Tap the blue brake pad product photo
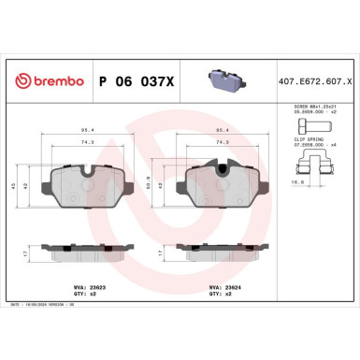[x=222, y=80]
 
